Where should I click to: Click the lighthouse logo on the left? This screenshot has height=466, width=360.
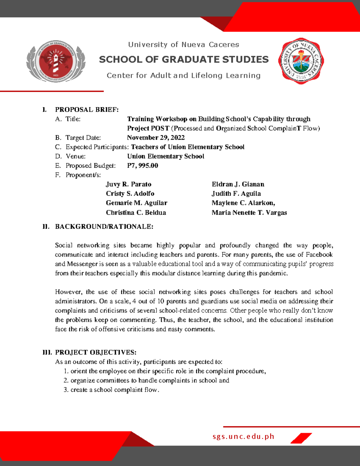(56, 61)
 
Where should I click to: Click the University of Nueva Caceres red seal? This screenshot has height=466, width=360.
(301, 61)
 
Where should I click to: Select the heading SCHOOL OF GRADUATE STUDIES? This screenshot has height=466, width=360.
(184, 59)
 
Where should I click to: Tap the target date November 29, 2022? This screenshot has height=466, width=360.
(156, 138)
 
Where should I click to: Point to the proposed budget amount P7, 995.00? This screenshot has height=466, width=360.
(142, 166)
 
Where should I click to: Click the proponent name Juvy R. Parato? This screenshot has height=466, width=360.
(128, 184)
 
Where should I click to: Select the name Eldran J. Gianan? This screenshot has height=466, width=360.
(238, 184)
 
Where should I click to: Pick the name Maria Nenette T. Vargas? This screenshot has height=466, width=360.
(249, 213)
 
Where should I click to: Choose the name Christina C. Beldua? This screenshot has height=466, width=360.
(136, 213)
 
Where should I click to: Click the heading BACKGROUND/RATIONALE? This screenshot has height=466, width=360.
(104, 227)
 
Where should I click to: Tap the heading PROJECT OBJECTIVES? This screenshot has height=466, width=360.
(96, 352)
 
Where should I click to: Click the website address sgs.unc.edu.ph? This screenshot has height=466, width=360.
(243, 437)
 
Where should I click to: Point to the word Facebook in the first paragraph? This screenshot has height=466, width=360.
(319, 255)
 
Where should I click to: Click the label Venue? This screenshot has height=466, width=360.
(76, 156)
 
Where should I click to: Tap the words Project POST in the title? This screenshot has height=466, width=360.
(148, 128)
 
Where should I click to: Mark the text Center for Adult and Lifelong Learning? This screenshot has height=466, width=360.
(184, 76)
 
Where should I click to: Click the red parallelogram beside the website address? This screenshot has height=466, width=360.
(301, 438)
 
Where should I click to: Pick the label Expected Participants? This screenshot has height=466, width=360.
(97, 147)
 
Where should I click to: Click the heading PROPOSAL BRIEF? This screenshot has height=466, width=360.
(87, 110)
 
